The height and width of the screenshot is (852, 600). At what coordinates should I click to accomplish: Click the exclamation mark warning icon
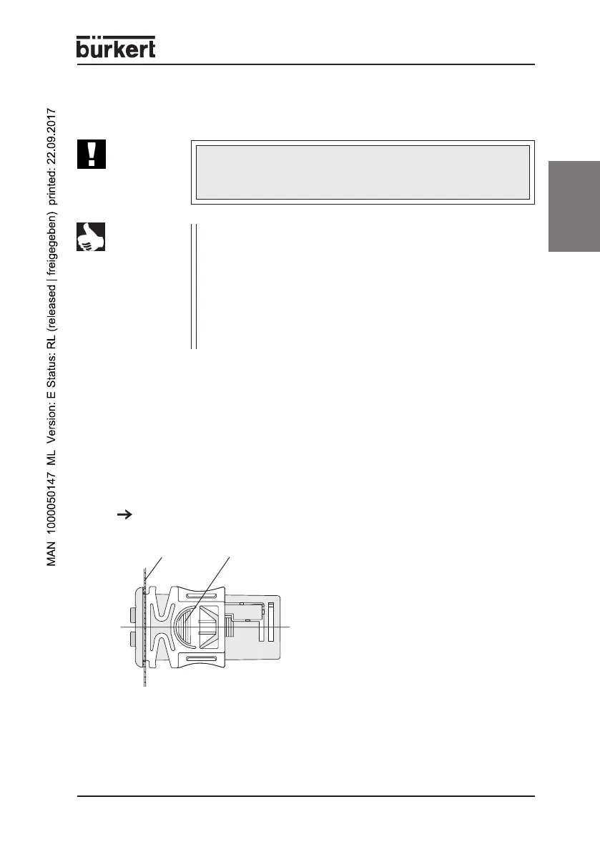(x=91, y=154)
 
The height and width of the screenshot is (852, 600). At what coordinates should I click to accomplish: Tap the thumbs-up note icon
(x=91, y=237)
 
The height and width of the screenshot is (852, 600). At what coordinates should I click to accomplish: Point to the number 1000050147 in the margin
(x=52, y=494)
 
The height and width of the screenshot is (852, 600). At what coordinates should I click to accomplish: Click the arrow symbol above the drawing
(x=121, y=514)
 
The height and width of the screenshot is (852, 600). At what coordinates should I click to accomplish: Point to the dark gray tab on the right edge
(x=574, y=206)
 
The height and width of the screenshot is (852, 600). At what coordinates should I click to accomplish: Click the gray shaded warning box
(x=363, y=172)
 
